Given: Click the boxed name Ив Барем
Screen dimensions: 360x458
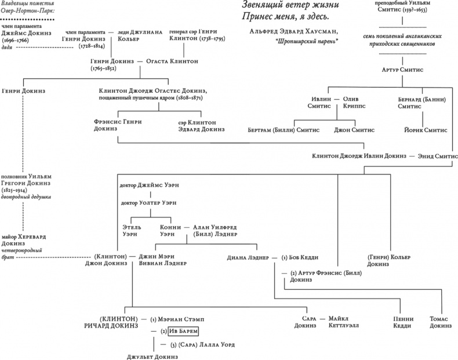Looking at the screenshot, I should click(183, 332).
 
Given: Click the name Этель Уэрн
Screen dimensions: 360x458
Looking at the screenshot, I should click(131, 231).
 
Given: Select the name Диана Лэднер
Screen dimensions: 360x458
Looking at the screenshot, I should click(248, 257).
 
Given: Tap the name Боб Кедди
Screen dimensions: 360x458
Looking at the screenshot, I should click(300, 257).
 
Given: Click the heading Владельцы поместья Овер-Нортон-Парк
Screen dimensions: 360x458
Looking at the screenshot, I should click(26, 8).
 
